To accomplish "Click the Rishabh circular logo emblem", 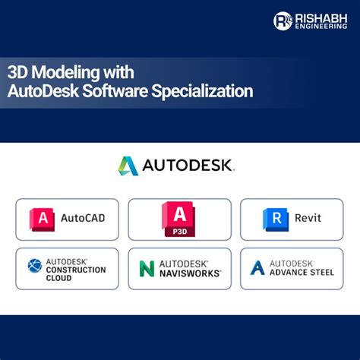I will coord(283,21).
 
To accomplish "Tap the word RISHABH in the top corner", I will coord(319,16).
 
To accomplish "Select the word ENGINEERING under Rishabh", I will coord(319,26).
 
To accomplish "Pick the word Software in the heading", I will coord(125,91).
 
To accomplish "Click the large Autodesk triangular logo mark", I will coord(128,166).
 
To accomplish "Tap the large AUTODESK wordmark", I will coord(188,166).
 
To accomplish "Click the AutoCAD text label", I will coord(83,219).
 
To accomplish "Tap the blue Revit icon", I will coord(276,219).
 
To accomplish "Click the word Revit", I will coord(308,219).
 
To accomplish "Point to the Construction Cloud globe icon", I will coord(35,266).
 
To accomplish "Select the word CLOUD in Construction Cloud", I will coord(58,278).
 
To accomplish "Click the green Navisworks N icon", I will coord(147,268).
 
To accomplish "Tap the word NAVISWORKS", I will coord(190,272).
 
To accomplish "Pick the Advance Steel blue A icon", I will coord(257,267).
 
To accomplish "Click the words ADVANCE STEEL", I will coord(302,272).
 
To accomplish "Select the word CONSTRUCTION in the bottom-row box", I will coord(76,270).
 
